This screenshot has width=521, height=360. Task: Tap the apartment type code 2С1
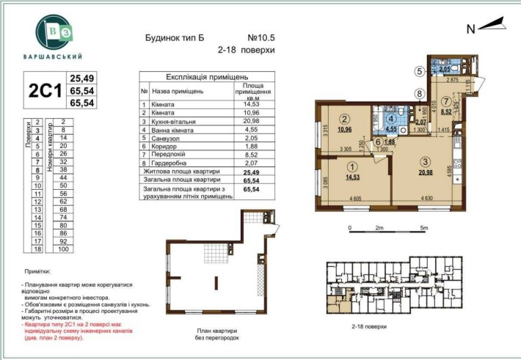pos(43,91)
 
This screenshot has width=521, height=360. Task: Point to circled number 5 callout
pos(419,72)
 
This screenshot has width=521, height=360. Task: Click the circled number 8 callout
pos(419,93)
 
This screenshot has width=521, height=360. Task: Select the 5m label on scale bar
pos(424,228)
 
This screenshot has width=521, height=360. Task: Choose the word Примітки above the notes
pos(35,271)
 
